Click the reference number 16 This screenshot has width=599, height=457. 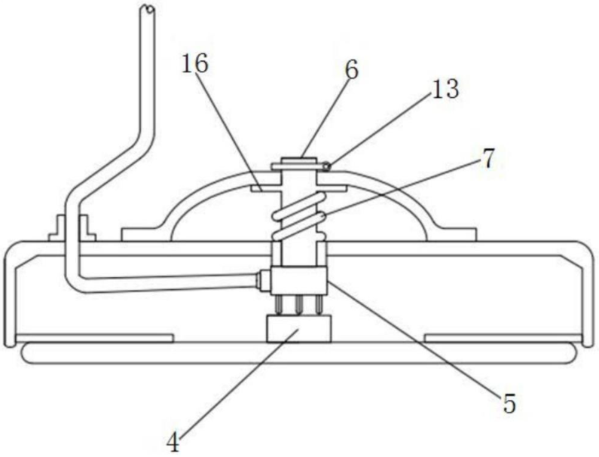pyautogui.click(x=194, y=64)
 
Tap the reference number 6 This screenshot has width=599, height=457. pyautogui.click(x=352, y=70)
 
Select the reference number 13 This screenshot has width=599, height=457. pyautogui.click(x=444, y=90)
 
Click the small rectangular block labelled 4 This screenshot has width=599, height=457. pyautogui.click(x=299, y=330)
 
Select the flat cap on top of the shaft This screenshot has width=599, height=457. pyautogui.click(x=301, y=161)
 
